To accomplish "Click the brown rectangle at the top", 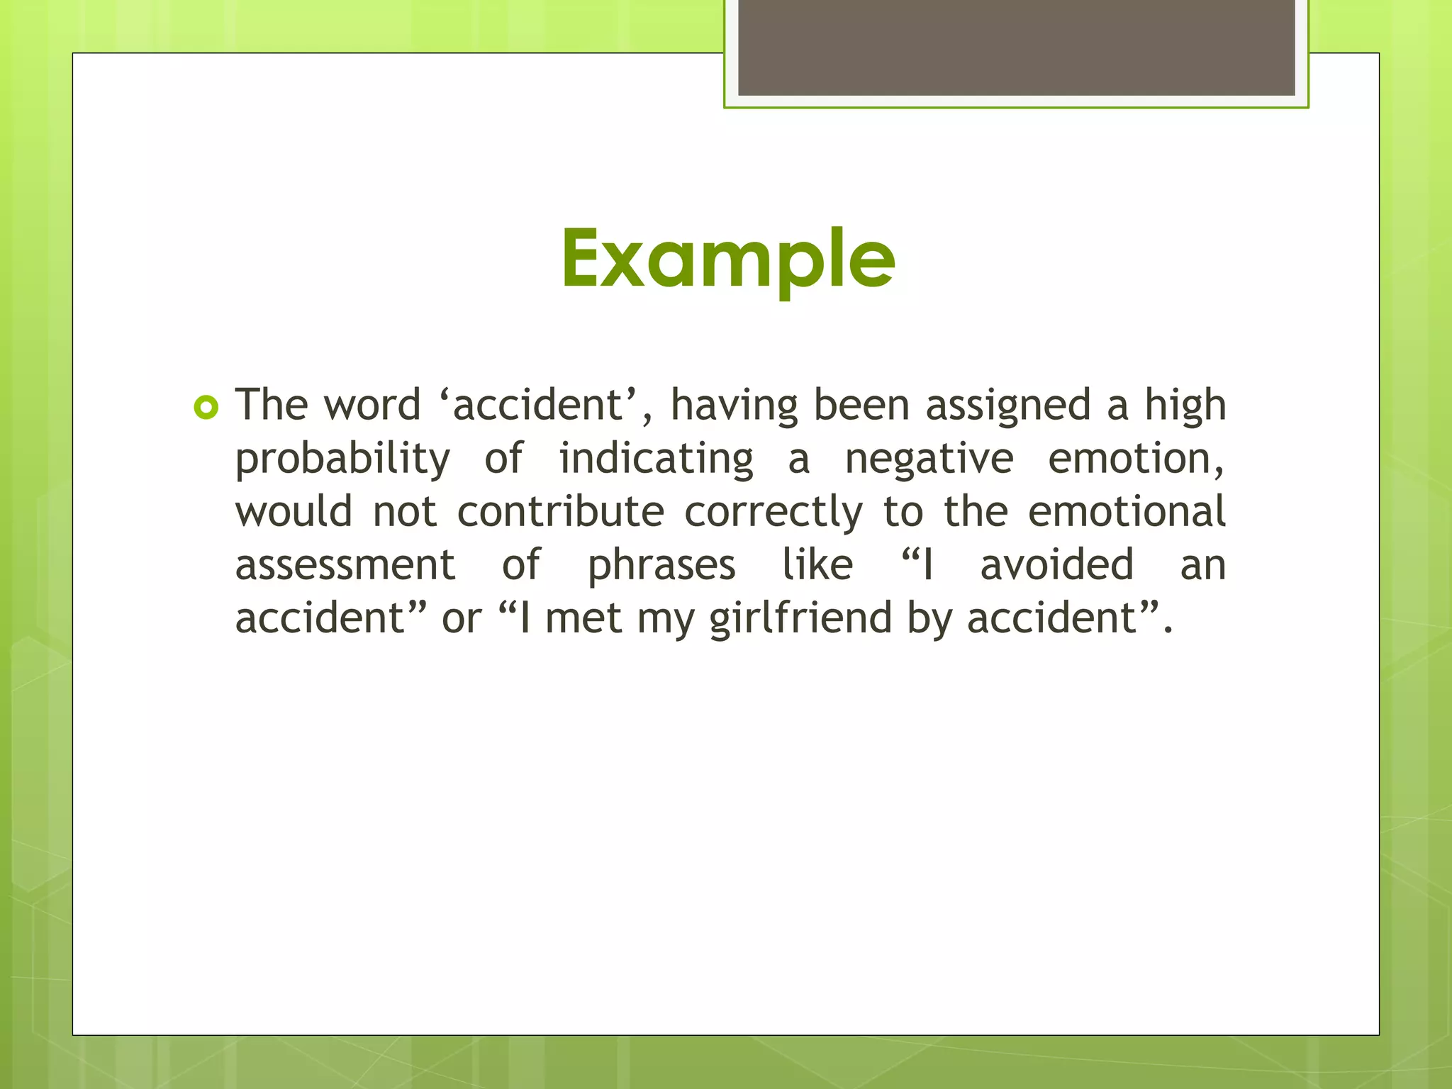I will (1016, 48).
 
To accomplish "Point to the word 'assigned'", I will (1008, 406).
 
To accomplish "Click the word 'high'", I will (1185, 406).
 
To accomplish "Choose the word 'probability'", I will (342, 459).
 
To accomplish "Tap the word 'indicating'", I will (656, 459).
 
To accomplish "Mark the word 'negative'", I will (929, 459).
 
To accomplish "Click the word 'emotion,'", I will (1136, 459).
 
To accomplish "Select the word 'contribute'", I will (561, 512).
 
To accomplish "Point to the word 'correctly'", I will (774, 512).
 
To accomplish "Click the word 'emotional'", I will (1127, 512).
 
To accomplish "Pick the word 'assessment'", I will (345, 565).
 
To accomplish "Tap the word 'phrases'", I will (661, 565).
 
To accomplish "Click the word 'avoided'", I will (1056, 565).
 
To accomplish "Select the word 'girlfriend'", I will (800, 618).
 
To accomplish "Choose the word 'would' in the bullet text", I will (294, 512).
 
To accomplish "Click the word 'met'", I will (584, 618).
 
